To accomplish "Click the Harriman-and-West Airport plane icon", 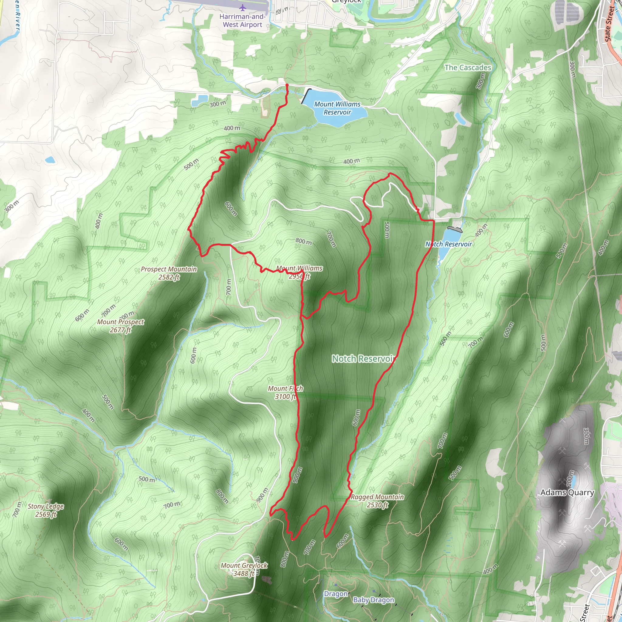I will pyautogui.click(x=242, y=7).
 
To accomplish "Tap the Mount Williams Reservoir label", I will pyautogui.click(x=337, y=108).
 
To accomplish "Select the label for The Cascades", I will pyautogui.click(x=468, y=68).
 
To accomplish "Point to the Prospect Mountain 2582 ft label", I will pyautogui.click(x=169, y=273).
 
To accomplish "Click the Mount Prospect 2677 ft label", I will pyautogui.click(x=120, y=326).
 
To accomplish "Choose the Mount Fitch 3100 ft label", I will pyautogui.click(x=285, y=392).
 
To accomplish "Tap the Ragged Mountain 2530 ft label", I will pyautogui.click(x=377, y=501).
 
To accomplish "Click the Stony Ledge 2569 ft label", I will pyautogui.click(x=46, y=510).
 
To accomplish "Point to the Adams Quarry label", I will pyautogui.click(x=567, y=492).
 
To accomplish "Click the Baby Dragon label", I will pyautogui.click(x=374, y=600).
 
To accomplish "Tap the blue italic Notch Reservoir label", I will pyautogui.click(x=449, y=244).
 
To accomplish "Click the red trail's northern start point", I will pyautogui.click(x=287, y=85).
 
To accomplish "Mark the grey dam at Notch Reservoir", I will pyautogui.click(x=455, y=229).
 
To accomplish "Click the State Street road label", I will pyautogui.click(x=609, y=24).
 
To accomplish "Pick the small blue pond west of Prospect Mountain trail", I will pyautogui.click(x=50, y=159).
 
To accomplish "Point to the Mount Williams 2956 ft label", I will pyautogui.click(x=299, y=272).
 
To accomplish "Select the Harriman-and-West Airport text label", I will pyautogui.click(x=242, y=21).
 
